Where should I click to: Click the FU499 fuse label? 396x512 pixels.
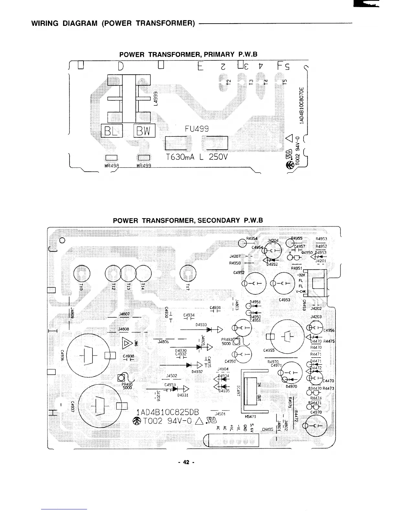[x=197, y=129]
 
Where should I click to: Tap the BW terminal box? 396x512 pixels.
[x=144, y=131]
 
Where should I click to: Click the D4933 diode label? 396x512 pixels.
[x=201, y=325]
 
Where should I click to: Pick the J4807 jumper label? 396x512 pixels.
[x=124, y=314]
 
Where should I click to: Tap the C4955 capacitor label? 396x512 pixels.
[x=269, y=350]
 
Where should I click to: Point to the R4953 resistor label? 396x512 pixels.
[x=321, y=239]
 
